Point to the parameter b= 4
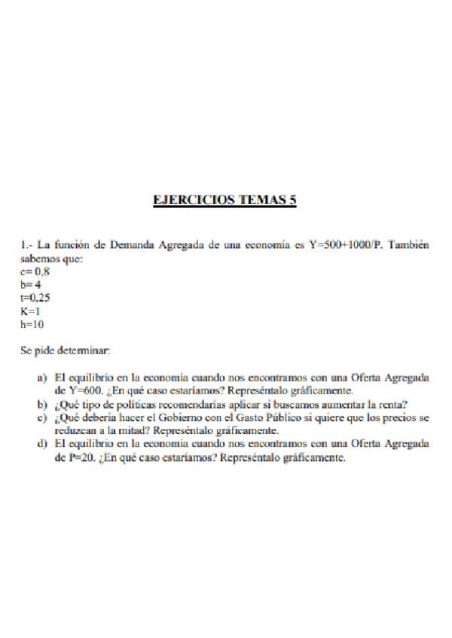(31, 285)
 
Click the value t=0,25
(36, 298)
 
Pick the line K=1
(30, 311)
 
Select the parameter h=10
(33, 324)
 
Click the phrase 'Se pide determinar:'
(66, 350)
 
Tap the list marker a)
(42, 378)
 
